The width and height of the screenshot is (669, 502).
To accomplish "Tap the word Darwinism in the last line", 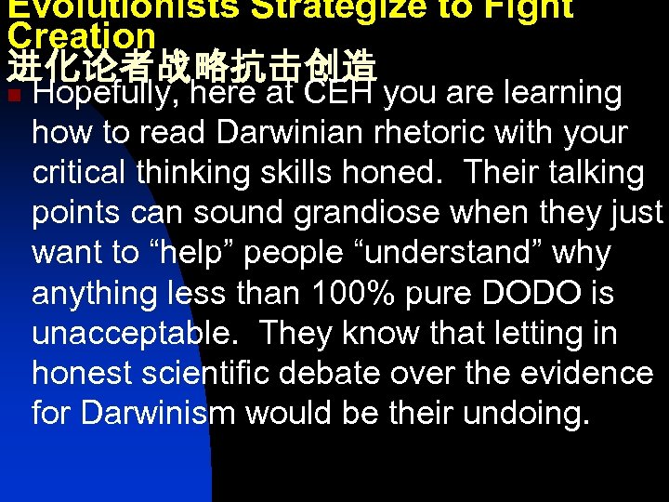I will (x=158, y=413).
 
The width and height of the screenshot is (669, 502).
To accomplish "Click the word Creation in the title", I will (x=82, y=35).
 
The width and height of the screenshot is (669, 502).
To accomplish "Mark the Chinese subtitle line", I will (x=191, y=65).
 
